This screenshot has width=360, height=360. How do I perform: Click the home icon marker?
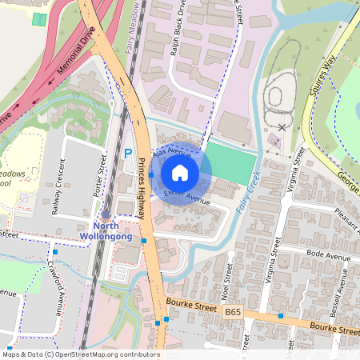(x=180, y=173)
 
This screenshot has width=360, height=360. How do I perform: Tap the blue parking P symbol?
(x=127, y=153)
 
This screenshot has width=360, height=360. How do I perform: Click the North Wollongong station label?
(x=106, y=230)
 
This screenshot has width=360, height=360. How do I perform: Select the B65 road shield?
(x=233, y=310)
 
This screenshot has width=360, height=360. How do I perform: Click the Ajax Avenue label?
(x=172, y=151)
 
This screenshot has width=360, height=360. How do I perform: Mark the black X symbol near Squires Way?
(x=282, y=126)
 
